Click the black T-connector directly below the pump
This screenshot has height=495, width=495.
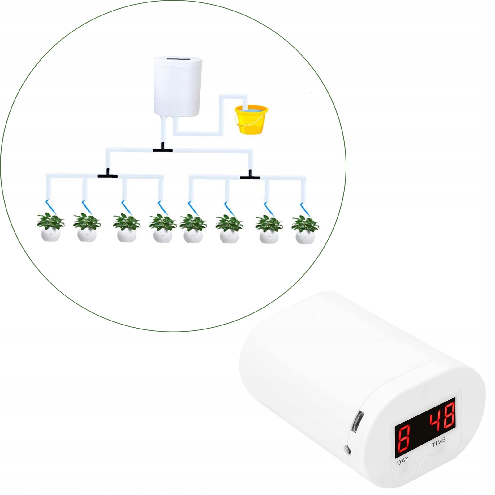[162, 149]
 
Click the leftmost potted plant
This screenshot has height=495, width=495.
[51, 227]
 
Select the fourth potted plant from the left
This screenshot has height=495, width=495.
[163, 228]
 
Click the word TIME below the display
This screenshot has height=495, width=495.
[439, 442]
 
